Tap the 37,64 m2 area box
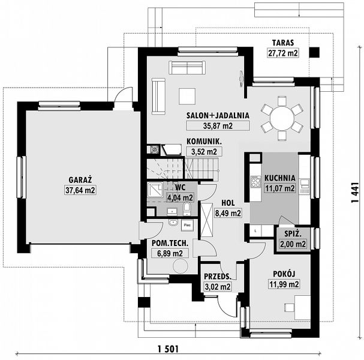[x=80, y=190]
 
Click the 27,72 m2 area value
[x=282, y=53]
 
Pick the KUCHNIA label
[x=280, y=178]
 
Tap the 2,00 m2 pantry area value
[x=293, y=244]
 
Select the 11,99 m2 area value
[x=285, y=284]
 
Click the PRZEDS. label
[x=218, y=277]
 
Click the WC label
[x=179, y=187]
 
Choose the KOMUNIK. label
[x=204, y=141]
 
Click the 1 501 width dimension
[x=170, y=349]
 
